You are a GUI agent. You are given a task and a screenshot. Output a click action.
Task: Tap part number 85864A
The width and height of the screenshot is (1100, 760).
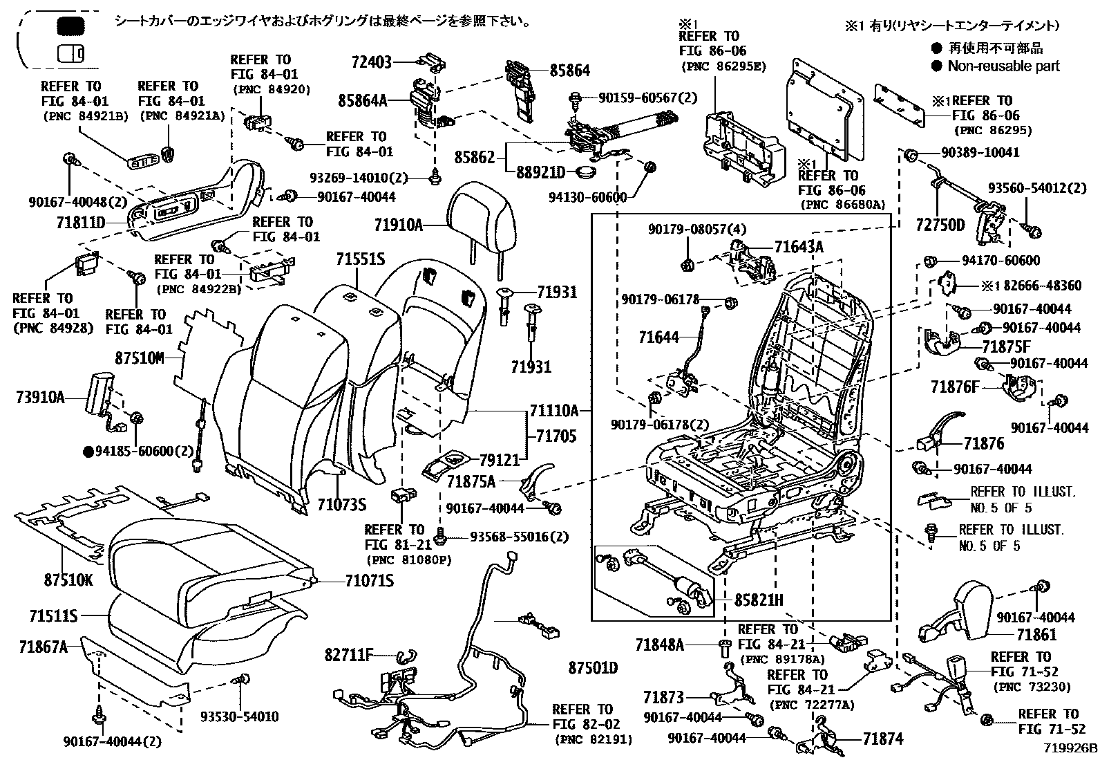click(362, 101)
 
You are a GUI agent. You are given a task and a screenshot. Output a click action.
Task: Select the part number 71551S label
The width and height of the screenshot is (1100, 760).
click(360, 259)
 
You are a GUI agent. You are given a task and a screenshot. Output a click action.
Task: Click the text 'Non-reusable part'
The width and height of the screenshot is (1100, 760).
click(1003, 66)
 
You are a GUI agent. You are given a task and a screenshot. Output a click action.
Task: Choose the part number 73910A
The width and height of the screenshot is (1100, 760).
click(39, 398)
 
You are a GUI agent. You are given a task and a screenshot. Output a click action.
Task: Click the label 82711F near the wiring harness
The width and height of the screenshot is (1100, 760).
click(349, 654)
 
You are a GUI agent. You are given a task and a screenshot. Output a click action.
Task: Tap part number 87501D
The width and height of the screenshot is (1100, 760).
click(593, 668)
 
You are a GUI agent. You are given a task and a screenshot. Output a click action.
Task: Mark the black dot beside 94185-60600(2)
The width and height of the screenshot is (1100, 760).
click(88, 452)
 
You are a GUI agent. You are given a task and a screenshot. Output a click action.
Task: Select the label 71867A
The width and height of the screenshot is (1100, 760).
click(43, 647)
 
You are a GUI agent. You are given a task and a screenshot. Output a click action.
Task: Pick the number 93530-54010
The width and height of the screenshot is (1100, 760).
click(240, 716)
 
